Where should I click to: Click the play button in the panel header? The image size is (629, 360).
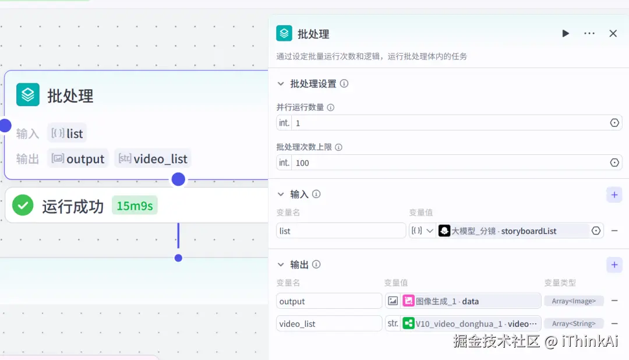(566, 34)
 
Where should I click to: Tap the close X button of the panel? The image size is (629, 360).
(613, 34)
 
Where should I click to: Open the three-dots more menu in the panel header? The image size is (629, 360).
(589, 34)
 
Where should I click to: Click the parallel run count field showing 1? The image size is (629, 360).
(448, 123)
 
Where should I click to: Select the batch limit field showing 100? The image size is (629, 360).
(448, 163)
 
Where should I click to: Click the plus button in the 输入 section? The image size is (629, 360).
(614, 195)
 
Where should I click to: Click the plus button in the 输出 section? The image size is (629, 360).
(614, 265)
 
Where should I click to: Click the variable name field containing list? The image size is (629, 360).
(341, 231)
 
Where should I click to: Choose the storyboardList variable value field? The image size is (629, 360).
(513, 231)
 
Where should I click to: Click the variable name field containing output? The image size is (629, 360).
(329, 301)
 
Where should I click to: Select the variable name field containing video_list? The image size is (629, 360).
(329, 323)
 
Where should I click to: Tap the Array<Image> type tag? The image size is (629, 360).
(574, 301)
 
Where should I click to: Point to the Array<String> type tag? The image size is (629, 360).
(574, 323)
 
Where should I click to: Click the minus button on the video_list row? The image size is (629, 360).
(614, 323)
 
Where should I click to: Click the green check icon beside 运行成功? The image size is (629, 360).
(23, 206)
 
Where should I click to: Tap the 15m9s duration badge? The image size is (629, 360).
(135, 206)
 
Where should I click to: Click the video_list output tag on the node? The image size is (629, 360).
(153, 158)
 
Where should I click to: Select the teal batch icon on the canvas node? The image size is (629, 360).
(28, 95)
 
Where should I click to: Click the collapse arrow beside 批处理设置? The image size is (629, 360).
(281, 84)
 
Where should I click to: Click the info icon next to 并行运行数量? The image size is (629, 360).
(331, 107)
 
